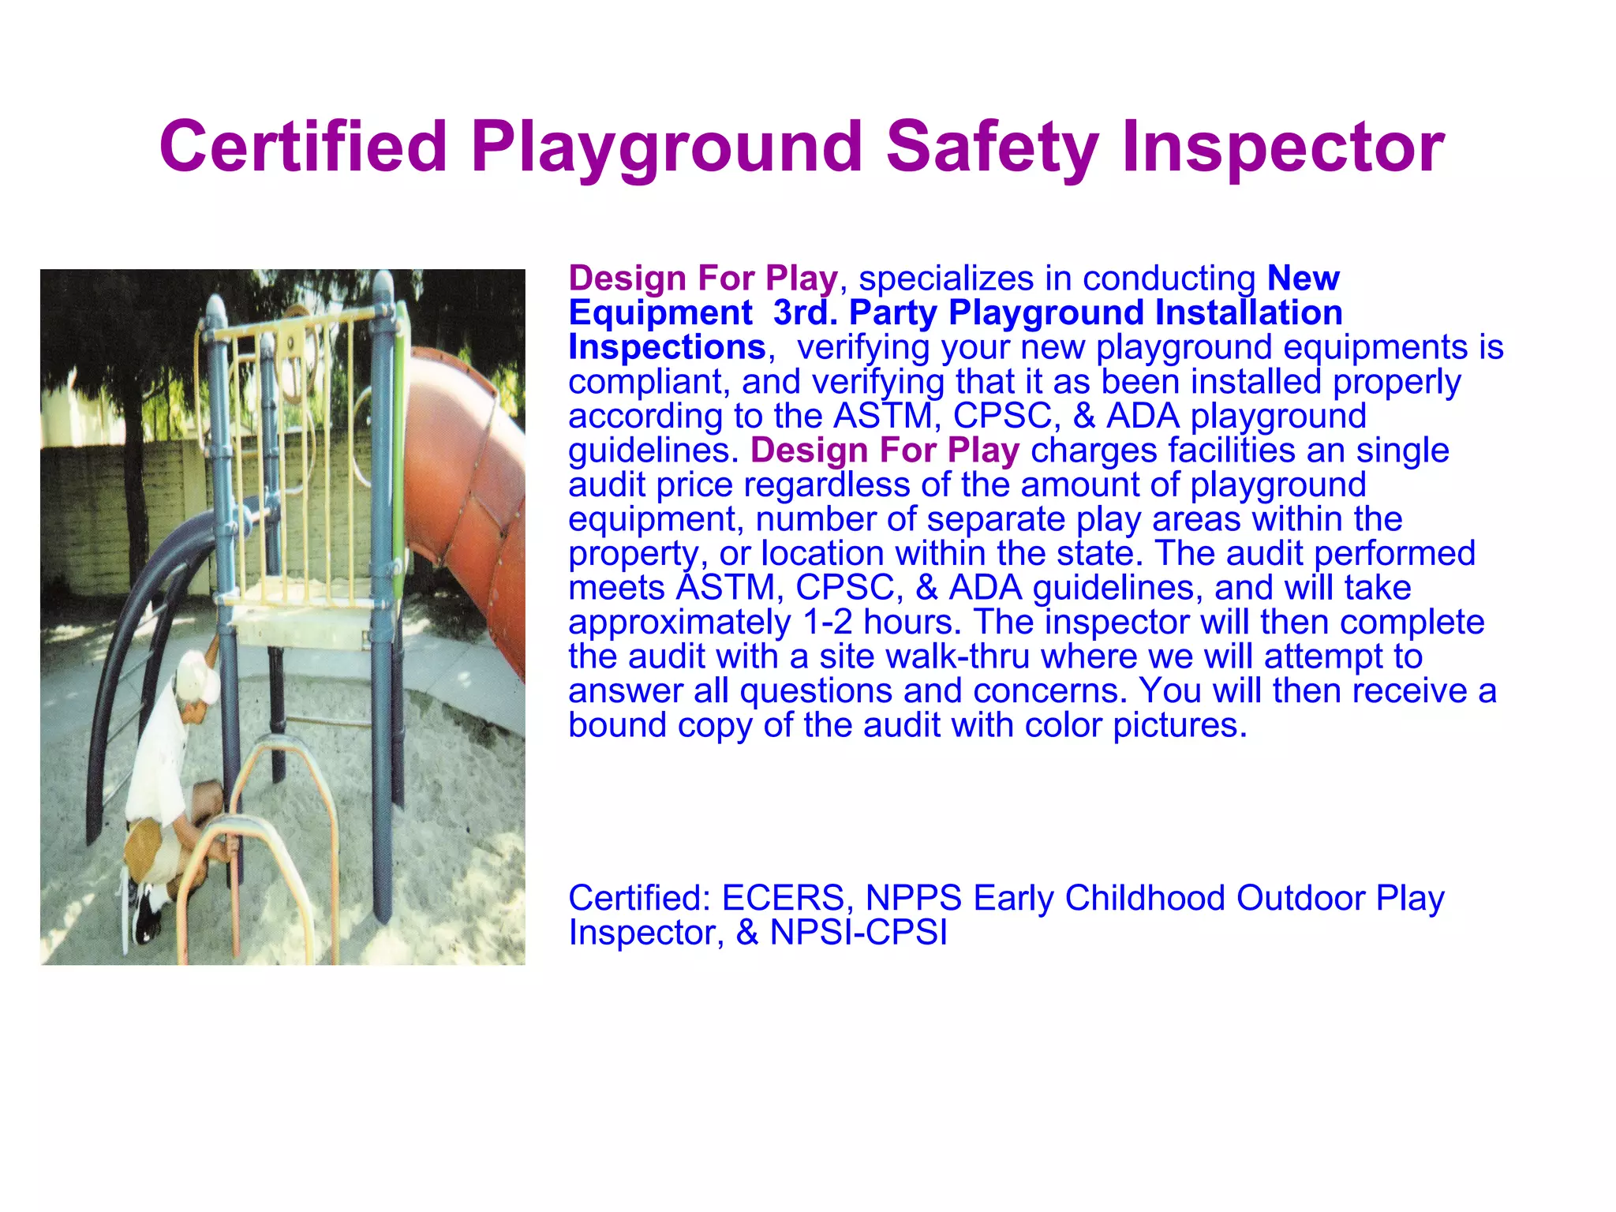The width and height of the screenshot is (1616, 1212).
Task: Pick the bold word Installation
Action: point(1248,312)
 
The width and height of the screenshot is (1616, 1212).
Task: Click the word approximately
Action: point(679,622)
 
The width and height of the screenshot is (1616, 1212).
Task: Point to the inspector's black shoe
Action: point(147,915)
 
